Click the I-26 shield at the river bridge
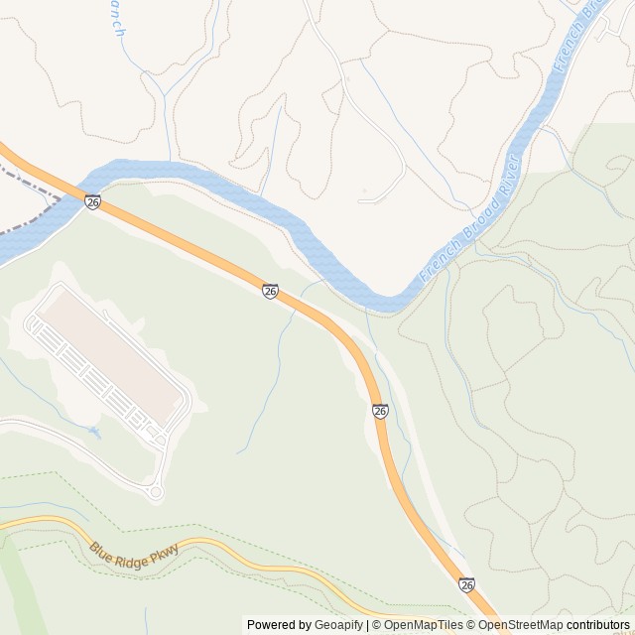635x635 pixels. tap(92, 201)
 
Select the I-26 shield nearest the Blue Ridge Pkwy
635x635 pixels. tap(466, 585)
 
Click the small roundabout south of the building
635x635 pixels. tap(155, 491)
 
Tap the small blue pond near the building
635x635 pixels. tap(94, 433)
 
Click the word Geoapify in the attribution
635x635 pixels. tap(339, 625)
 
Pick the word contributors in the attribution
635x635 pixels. tap(598, 625)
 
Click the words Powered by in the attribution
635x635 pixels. tap(279, 625)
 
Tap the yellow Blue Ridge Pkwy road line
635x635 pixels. tap(248, 556)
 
